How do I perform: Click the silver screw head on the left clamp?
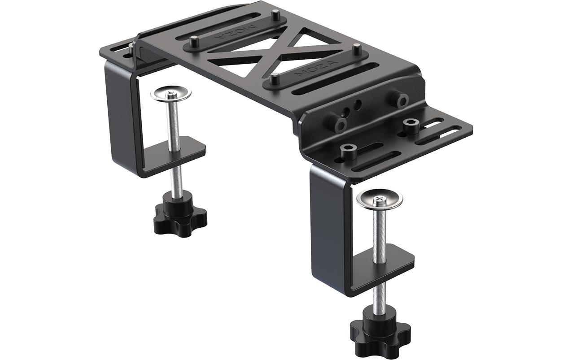click(170, 94)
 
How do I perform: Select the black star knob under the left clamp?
click(179, 218)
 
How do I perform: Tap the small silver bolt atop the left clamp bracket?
click(131, 47)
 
